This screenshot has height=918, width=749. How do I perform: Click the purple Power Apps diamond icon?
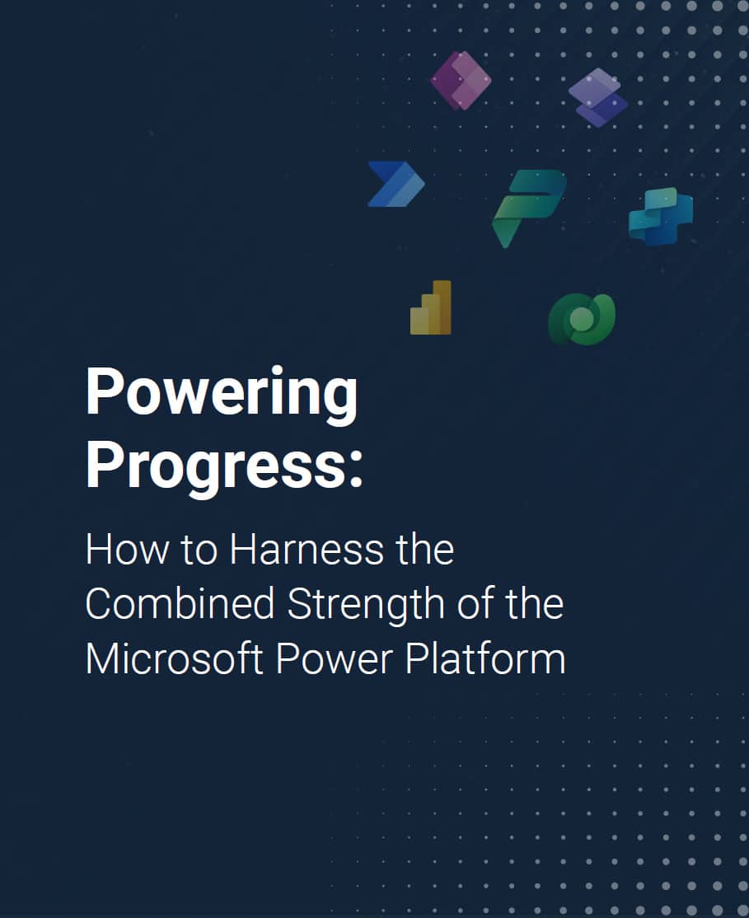coord(461,80)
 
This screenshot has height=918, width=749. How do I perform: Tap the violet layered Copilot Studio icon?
coord(598,97)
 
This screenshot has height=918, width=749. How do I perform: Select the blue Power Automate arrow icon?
coord(396,184)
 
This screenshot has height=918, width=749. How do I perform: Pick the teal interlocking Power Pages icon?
coord(661,216)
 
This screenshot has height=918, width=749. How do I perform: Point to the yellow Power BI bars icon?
coord(431,308)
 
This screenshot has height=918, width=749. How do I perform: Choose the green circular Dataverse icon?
coord(582,319)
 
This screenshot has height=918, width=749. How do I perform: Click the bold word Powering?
coord(222,395)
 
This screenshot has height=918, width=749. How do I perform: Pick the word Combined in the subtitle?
coord(180,604)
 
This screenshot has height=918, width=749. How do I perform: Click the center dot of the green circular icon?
coord(580,319)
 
